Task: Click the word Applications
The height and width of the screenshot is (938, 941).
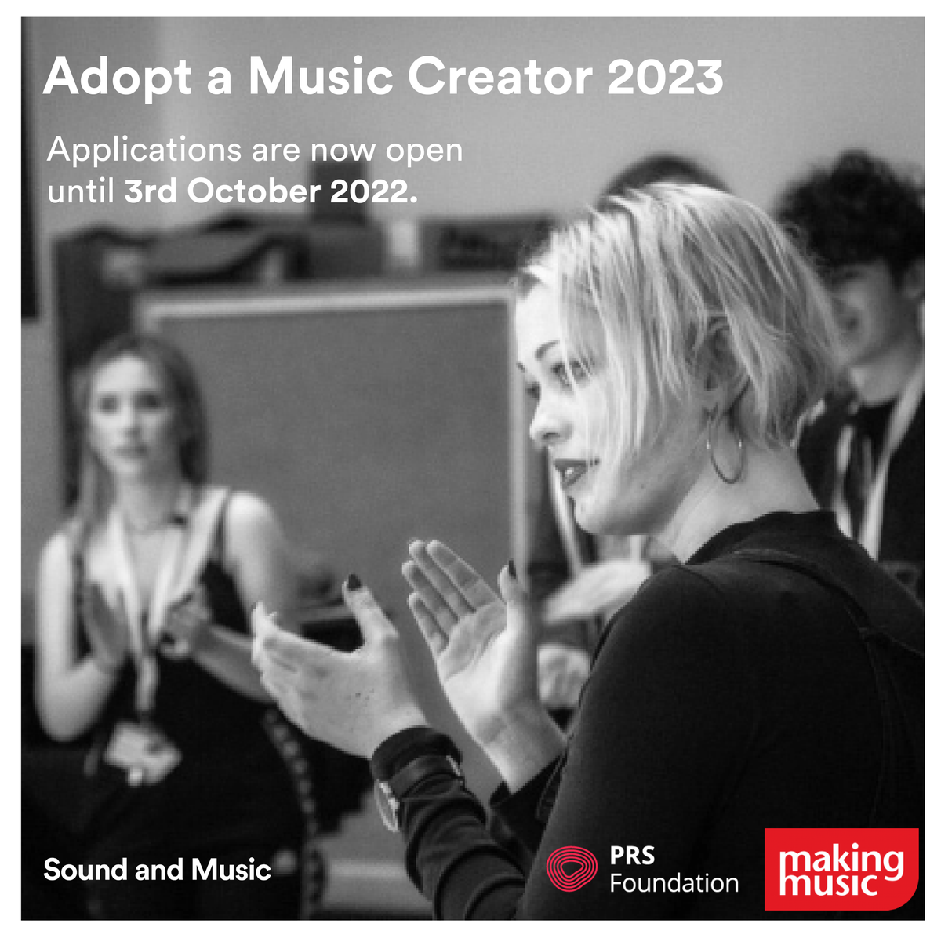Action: click(x=144, y=150)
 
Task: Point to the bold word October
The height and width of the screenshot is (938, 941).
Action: click(x=254, y=191)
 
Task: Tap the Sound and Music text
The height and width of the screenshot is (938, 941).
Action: click(x=157, y=870)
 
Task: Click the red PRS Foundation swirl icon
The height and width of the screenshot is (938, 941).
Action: click(x=572, y=869)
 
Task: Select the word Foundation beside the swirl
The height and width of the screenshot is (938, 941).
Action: click(x=674, y=883)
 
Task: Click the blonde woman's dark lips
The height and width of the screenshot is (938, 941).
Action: click(x=568, y=473)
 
